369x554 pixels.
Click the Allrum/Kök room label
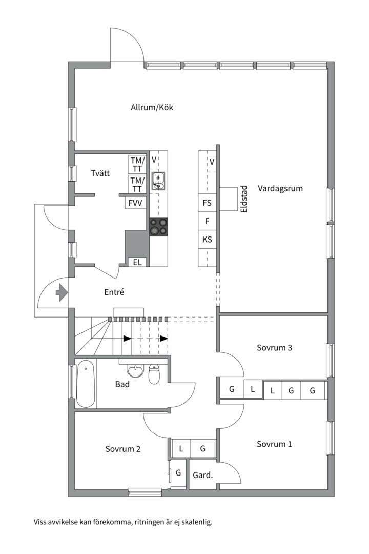152,107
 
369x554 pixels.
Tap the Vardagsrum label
280,188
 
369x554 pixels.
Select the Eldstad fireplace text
244,199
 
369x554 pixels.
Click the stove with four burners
158,226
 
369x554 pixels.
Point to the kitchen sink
158,181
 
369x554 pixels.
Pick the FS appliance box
207,203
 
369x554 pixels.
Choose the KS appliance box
207,239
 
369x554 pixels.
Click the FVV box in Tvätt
135,203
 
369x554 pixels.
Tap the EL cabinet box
137,262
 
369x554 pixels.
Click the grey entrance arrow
61,292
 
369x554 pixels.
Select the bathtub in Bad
86,383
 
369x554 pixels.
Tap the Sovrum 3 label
274,348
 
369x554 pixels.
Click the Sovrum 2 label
123,449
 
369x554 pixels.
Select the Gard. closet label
202,476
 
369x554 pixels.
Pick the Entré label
114,292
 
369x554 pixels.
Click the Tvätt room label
100,173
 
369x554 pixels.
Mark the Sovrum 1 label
274,444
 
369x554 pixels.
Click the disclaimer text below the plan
123,522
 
